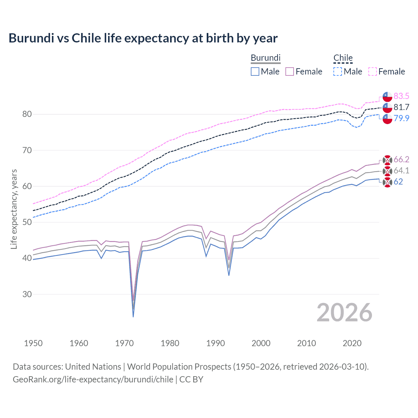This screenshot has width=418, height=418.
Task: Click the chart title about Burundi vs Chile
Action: [x=143, y=38]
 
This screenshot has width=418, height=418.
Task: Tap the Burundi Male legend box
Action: [x=255, y=72]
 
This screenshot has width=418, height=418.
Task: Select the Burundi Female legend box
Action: [x=290, y=72]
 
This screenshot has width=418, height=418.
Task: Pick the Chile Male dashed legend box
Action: [x=338, y=72]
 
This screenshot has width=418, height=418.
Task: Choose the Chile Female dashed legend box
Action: [x=373, y=72]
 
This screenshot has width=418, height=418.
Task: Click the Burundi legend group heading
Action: [x=265, y=58]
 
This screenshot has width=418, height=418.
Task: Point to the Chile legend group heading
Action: [x=343, y=58]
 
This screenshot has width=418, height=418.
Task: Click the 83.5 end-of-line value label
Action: [x=401, y=96]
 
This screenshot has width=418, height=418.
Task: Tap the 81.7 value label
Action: [x=401, y=107]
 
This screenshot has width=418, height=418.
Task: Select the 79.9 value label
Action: [x=401, y=118]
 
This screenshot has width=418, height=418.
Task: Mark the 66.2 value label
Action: [x=401, y=159]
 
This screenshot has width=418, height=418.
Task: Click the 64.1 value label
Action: [x=401, y=170]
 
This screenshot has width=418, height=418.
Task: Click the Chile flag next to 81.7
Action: [x=387, y=107]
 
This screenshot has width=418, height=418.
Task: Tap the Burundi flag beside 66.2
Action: [x=387, y=160]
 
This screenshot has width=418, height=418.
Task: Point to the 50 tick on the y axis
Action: [x=27, y=222]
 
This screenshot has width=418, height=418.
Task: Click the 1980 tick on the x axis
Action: [x=170, y=343]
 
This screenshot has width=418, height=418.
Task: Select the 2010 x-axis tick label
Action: [x=306, y=343]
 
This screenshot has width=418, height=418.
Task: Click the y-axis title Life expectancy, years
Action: [x=14, y=209]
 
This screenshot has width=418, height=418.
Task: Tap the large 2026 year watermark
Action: [x=344, y=313]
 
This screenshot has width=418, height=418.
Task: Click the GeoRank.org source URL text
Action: [x=93, y=379]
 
